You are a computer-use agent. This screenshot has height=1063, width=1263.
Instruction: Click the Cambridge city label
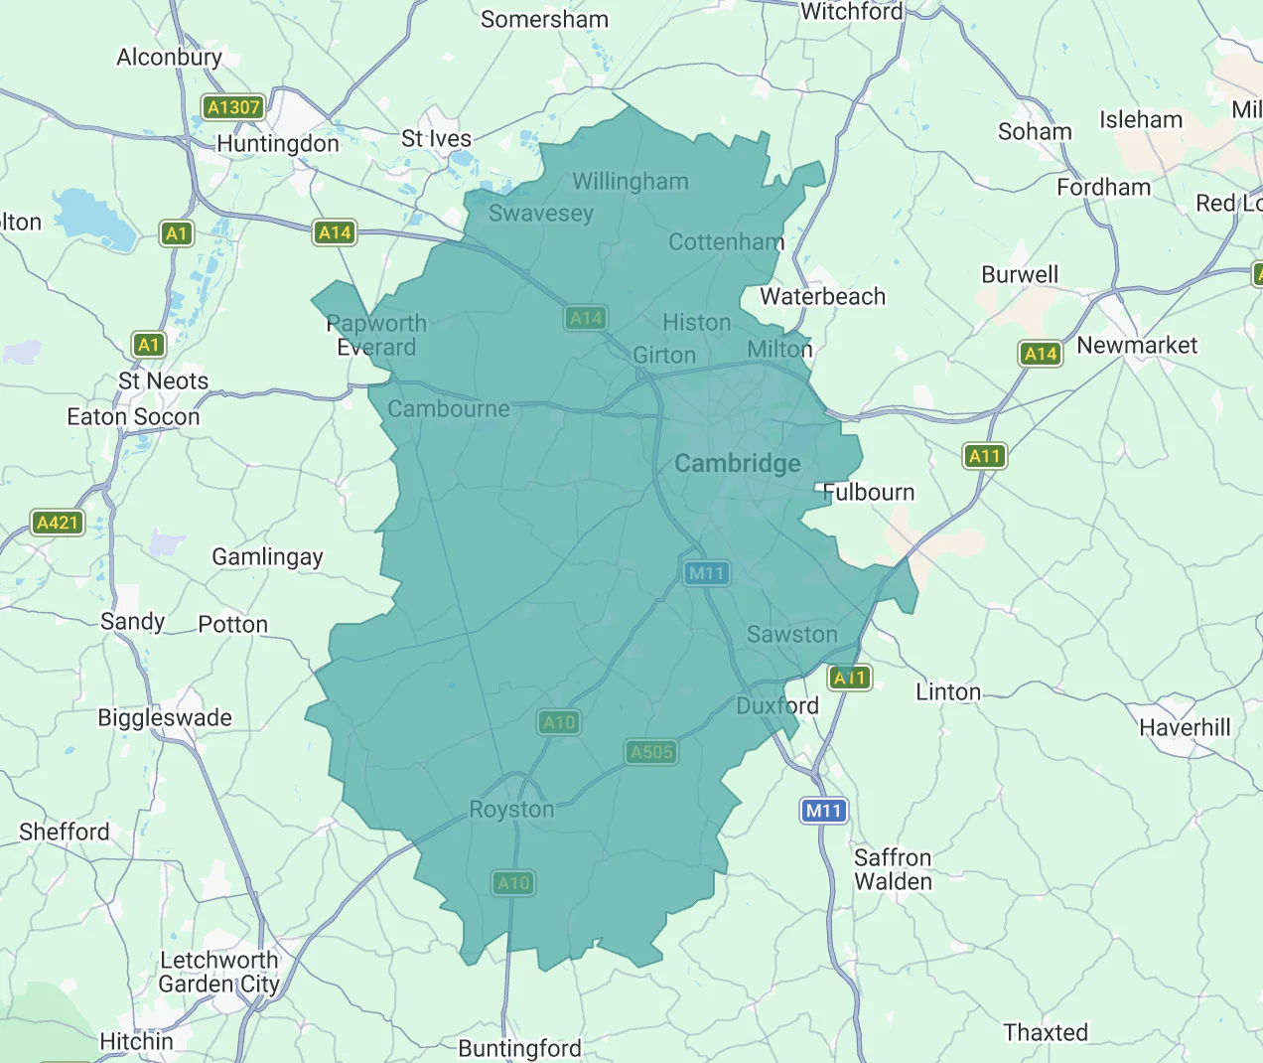click(737, 464)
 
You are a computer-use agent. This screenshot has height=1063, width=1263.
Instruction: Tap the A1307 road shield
click(233, 107)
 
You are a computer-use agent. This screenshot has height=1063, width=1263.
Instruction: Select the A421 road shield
click(58, 523)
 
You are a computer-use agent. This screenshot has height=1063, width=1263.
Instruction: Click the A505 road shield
click(651, 752)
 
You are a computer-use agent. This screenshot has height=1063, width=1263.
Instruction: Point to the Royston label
click(511, 810)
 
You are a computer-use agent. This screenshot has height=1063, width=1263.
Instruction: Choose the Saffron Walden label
click(893, 869)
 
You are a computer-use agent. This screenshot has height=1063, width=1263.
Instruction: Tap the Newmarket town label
click(1137, 346)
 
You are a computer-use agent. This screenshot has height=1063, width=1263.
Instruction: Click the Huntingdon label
click(277, 144)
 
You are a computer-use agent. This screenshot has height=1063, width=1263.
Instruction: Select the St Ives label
click(436, 139)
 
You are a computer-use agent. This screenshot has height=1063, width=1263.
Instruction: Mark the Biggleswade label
click(165, 718)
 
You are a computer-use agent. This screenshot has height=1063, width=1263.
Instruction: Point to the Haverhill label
click(1185, 728)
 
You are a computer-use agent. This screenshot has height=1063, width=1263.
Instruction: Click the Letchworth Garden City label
click(218, 973)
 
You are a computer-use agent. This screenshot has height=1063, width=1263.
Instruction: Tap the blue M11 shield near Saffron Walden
click(824, 811)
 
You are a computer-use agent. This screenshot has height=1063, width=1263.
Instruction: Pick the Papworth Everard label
click(376, 336)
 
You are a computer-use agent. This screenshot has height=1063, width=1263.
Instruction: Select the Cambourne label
click(449, 409)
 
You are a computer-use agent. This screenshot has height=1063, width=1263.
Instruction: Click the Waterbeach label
click(822, 297)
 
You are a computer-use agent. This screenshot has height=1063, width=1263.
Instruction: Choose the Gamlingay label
click(267, 557)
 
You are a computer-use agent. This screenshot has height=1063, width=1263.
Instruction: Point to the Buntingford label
click(519, 1049)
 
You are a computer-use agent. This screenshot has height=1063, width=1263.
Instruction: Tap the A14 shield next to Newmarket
click(1040, 354)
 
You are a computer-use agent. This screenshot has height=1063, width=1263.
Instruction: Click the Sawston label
click(791, 635)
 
